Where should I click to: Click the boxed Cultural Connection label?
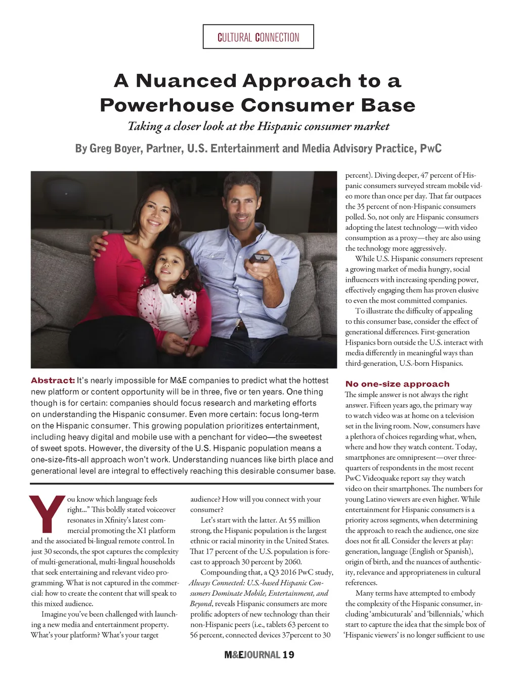(x=258, y=37)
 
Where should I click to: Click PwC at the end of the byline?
(x=430, y=149)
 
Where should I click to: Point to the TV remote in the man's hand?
(x=261, y=258)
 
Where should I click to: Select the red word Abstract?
(x=53, y=380)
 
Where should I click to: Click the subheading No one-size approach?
(x=397, y=384)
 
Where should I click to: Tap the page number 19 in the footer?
(x=288, y=655)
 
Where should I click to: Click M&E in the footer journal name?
(x=235, y=655)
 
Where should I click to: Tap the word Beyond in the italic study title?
(x=201, y=604)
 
